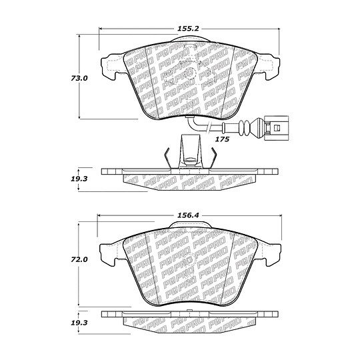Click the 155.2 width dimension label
(x=188, y=29)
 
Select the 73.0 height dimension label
(x=79, y=78)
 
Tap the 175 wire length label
(x=222, y=139)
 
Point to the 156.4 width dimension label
(x=188, y=215)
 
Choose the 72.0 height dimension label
(x=79, y=260)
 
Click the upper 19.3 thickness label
(x=79, y=179)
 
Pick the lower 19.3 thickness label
(x=79, y=323)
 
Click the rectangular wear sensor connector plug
(x=276, y=127)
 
